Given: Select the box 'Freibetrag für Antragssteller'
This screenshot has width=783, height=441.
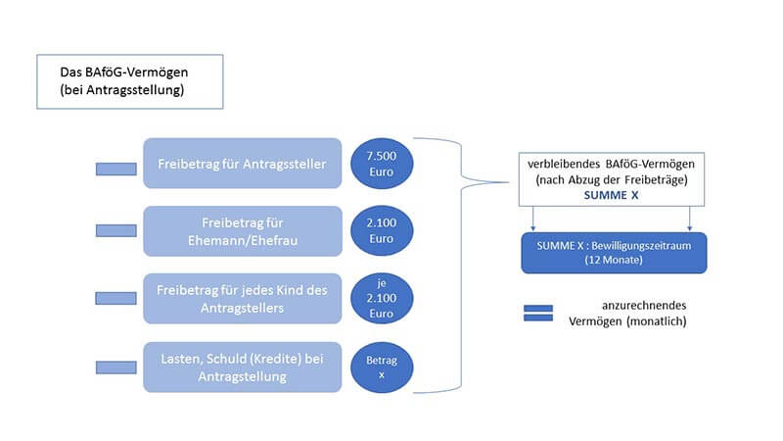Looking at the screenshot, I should (243, 163).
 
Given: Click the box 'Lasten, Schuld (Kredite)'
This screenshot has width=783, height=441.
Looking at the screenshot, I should (243, 367).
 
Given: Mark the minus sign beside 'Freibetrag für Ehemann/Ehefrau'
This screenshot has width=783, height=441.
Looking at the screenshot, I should (115, 230).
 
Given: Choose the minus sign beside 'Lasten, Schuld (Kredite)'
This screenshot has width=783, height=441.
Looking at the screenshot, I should (115, 367).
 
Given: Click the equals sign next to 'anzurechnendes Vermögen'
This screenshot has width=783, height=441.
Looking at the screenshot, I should (539, 313).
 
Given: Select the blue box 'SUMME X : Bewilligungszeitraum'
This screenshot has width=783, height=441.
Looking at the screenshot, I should (613, 253).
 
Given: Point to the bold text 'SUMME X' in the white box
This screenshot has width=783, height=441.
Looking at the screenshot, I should (613, 195).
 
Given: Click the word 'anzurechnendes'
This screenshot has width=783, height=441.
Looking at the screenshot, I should (643, 306).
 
